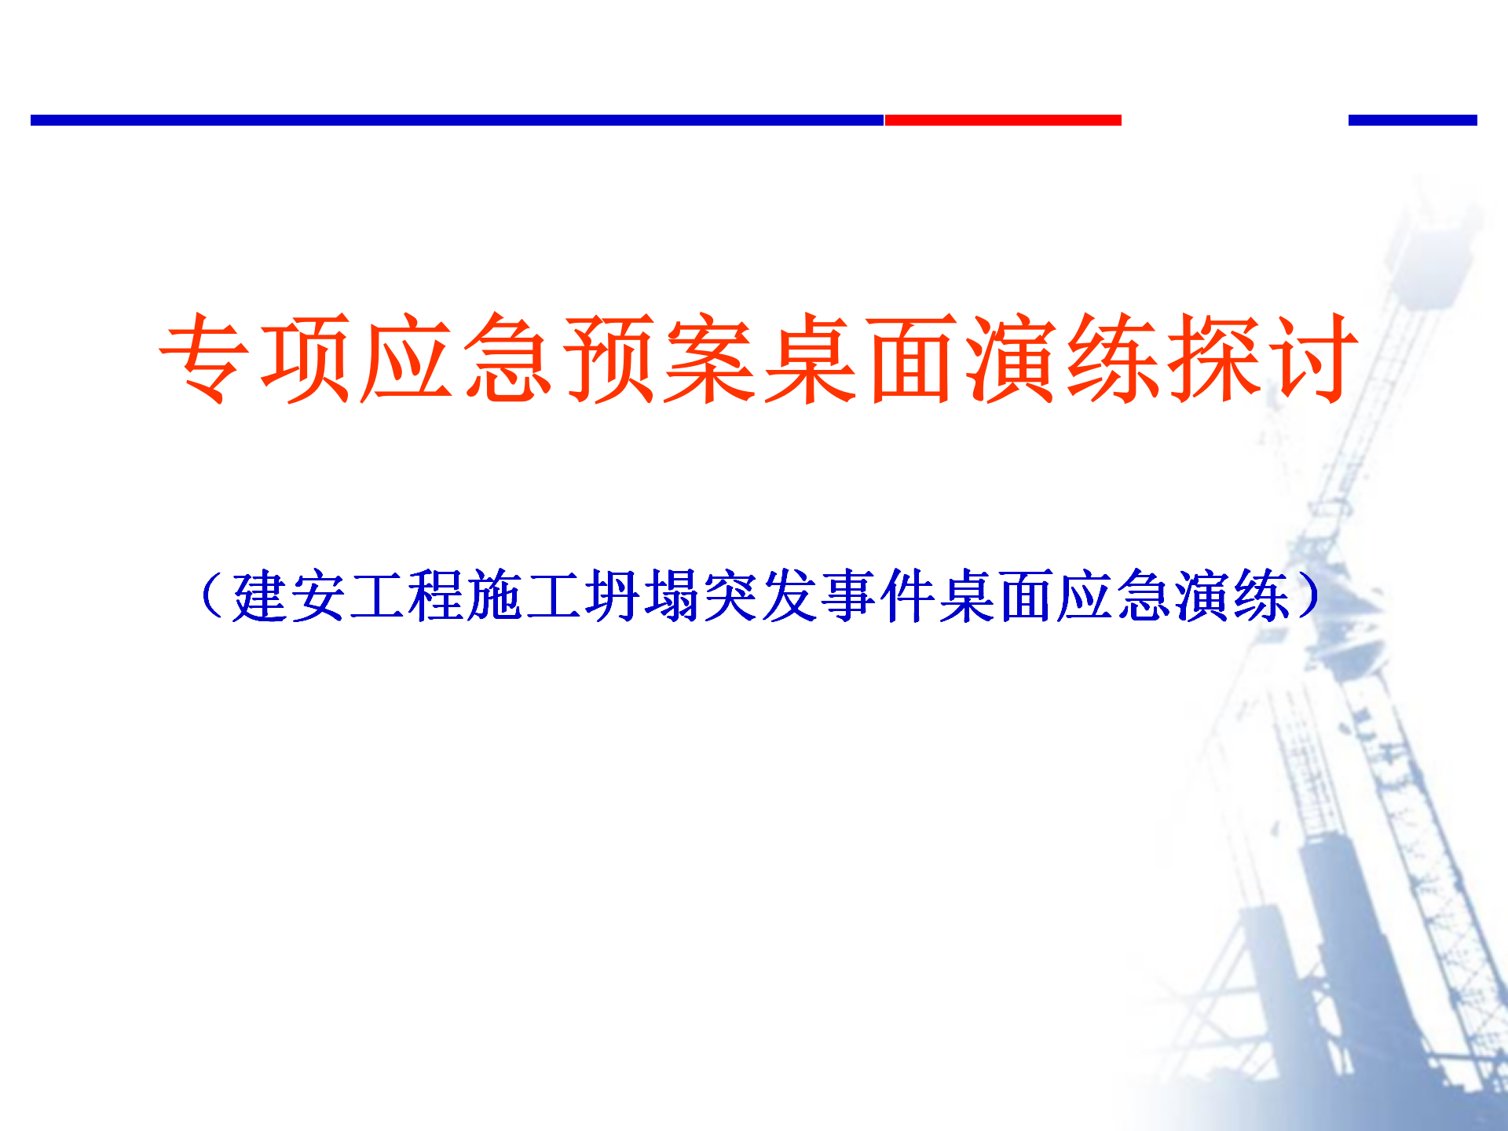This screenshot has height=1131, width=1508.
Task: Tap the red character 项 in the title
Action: (x=305, y=358)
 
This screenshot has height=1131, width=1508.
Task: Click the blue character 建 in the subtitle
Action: (x=260, y=595)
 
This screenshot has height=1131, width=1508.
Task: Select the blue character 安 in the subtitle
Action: (x=320, y=595)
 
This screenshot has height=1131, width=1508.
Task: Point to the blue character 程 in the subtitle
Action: (x=437, y=595)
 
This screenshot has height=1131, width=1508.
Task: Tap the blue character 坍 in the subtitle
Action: (x=613, y=595)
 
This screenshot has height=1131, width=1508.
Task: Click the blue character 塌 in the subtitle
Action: (x=672, y=595)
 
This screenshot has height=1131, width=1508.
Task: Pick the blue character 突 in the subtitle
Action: (x=731, y=595)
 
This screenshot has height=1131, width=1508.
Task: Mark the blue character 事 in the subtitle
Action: (x=849, y=595)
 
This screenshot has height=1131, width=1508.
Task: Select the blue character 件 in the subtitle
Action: (x=908, y=595)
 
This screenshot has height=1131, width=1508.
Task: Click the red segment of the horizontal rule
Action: (x=1003, y=120)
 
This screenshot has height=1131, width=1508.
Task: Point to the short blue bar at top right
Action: (x=1413, y=120)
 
